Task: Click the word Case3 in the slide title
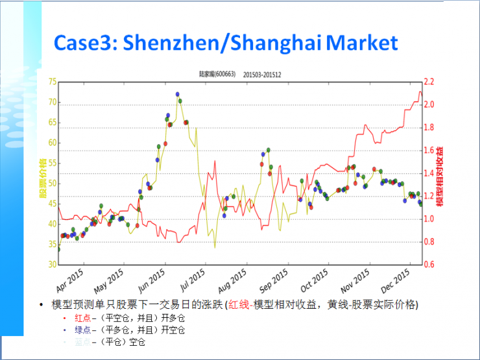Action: click(84, 43)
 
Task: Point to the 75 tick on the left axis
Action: click(52, 82)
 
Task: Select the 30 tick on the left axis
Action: click(52, 265)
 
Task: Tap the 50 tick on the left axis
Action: click(52, 184)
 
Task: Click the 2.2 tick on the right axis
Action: click(429, 82)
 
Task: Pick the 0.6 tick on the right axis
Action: click(429, 265)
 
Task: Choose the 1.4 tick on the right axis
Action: click(429, 173)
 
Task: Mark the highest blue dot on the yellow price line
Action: click(177, 94)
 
